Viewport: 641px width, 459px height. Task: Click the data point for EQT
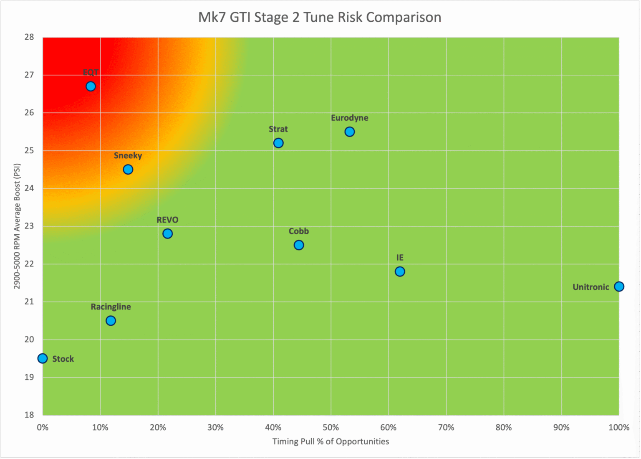point(91,86)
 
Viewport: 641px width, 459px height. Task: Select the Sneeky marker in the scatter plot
point(128,170)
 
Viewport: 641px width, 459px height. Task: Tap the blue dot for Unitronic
point(619,287)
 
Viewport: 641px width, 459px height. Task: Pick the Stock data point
point(43,358)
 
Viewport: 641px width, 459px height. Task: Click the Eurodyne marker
point(350,132)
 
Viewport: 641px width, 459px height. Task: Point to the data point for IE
point(400,271)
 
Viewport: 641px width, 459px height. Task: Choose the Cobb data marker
point(299,245)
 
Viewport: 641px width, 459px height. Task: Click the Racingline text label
point(111,307)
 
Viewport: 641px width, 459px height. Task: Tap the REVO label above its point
point(167,220)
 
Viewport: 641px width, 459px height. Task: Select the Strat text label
point(278,129)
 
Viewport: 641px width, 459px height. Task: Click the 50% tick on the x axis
point(331,428)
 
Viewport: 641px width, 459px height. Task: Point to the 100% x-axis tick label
point(618,428)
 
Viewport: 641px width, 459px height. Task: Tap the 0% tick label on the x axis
point(43,428)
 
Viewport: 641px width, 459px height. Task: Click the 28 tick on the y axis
point(29,37)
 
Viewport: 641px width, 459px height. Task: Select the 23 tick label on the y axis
point(29,226)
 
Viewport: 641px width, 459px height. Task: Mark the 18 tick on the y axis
point(29,415)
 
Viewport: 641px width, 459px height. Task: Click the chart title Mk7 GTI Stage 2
point(320,18)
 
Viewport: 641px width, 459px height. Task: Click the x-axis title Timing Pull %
point(331,441)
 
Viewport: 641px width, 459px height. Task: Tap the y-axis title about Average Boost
point(17,226)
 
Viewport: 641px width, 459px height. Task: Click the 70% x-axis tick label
point(446,428)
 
